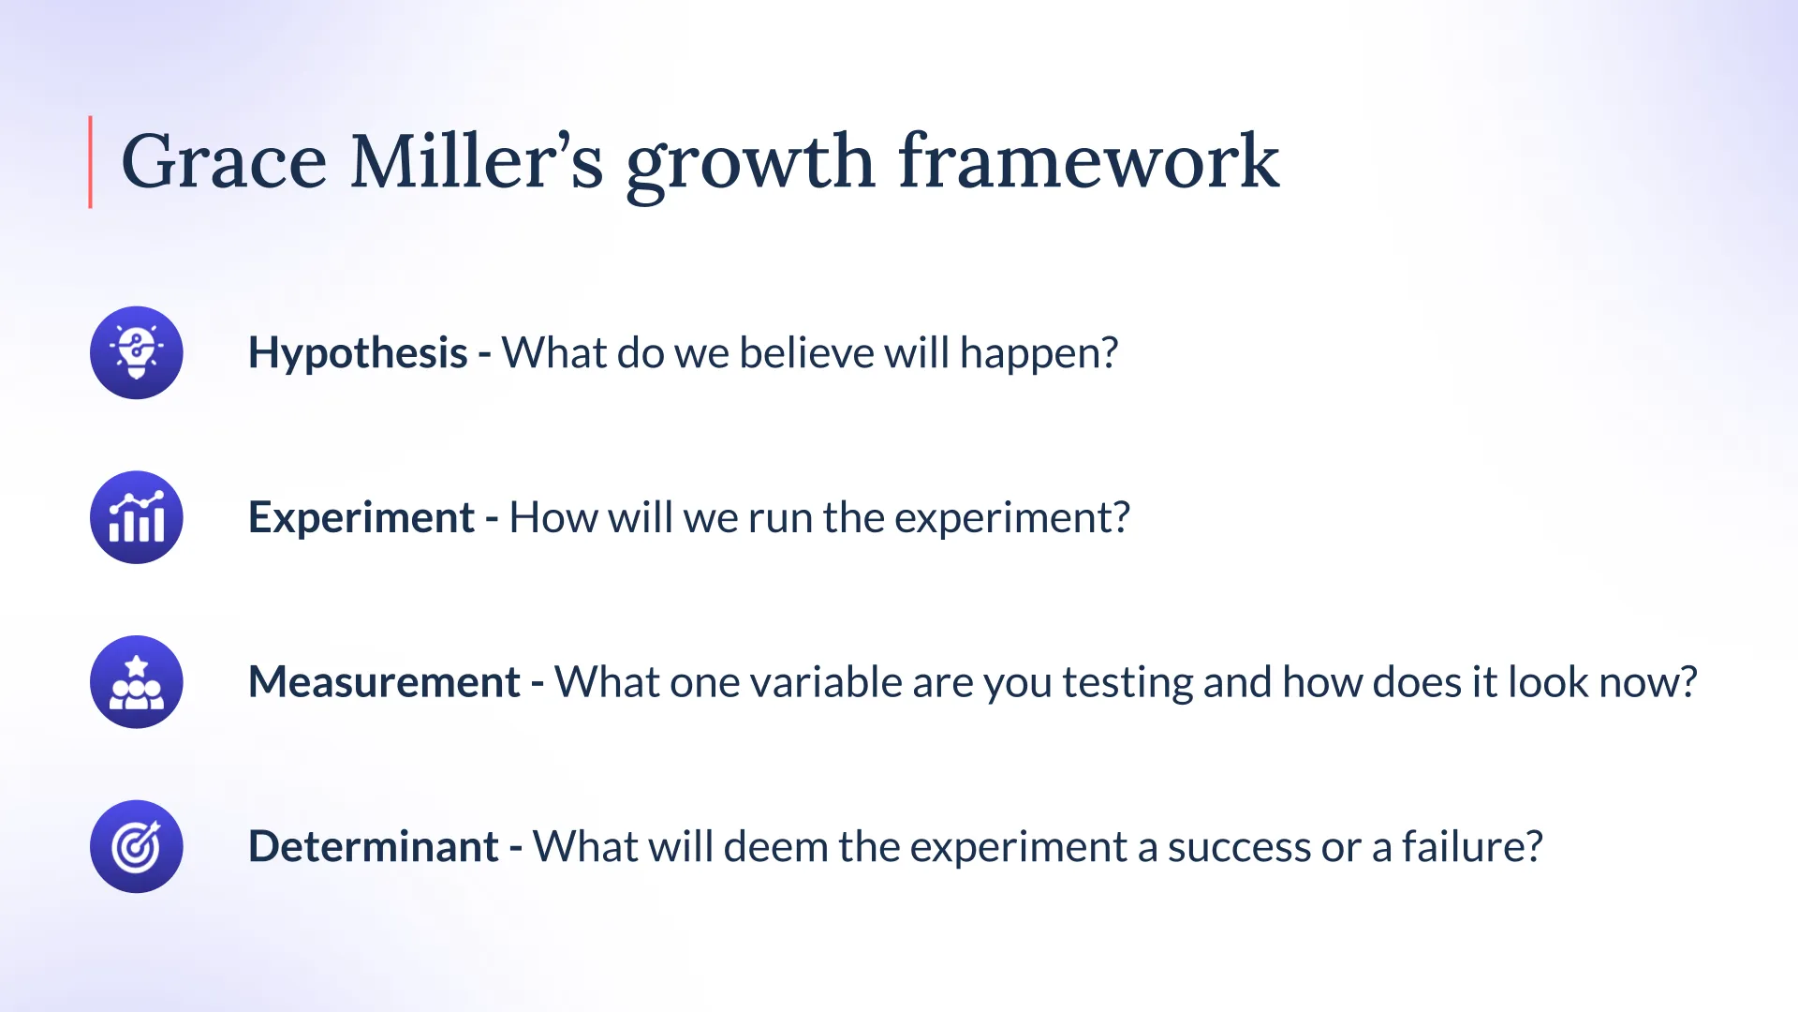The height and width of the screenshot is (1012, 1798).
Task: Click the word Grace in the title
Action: click(x=224, y=161)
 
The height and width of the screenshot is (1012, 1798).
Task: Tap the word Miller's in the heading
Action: click(x=477, y=160)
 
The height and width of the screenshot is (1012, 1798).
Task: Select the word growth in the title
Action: click(x=750, y=165)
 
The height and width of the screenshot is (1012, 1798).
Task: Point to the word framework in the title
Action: click(x=1088, y=160)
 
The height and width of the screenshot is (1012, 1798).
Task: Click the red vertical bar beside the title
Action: click(x=91, y=162)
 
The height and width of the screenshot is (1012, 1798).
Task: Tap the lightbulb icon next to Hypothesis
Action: click(x=137, y=353)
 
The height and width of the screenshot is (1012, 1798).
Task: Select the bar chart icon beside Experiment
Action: click(x=137, y=517)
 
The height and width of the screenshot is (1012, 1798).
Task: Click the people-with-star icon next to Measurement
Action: click(x=137, y=682)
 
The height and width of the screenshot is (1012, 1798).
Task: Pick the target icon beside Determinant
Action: click(x=137, y=846)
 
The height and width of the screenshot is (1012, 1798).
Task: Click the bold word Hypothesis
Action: click(x=358, y=354)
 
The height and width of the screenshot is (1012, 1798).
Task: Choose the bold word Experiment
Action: click(x=361, y=518)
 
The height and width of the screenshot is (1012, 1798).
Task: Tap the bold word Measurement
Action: click(x=384, y=682)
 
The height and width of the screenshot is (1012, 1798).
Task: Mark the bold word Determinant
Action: click(x=373, y=846)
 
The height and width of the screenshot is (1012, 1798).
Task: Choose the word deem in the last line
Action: click(x=775, y=846)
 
